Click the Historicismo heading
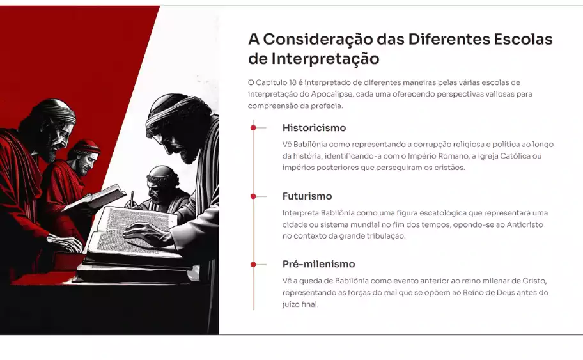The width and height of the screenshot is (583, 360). click(x=314, y=128)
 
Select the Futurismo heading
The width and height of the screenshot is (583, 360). click(x=307, y=196)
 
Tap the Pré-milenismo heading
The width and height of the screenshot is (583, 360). click(x=318, y=264)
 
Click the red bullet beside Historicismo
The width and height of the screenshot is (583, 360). click(x=254, y=128)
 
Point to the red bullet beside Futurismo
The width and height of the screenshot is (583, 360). click(x=254, y=196)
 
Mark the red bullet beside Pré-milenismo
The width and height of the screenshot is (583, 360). click(x=254, y=264)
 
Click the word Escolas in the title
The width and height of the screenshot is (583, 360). click(x=522, y=39)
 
